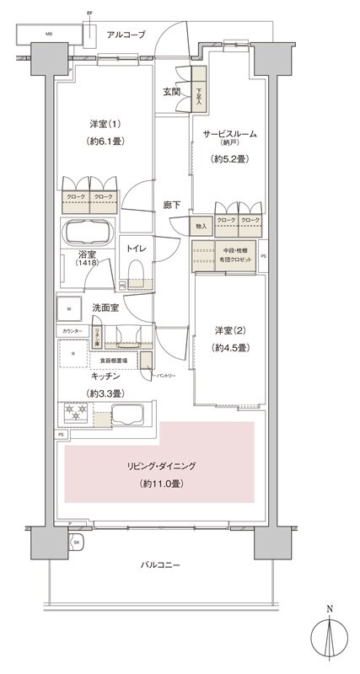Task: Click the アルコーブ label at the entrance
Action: click(126, 35)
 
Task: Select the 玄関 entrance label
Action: click(170, 92)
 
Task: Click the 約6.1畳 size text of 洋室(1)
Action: click(105, 142)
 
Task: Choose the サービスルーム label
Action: click(228, 134)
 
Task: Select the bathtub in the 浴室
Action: click(88, 233)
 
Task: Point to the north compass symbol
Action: click(330, 640)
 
